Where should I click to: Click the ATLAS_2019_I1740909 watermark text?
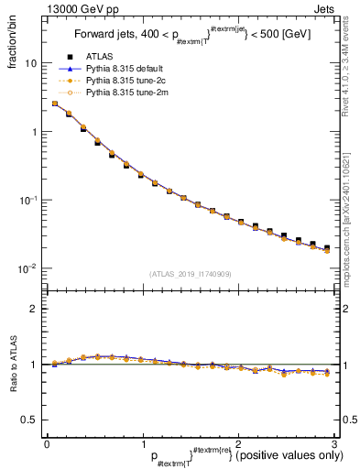coord(190,275)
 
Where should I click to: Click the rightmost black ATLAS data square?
coord(327,248)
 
